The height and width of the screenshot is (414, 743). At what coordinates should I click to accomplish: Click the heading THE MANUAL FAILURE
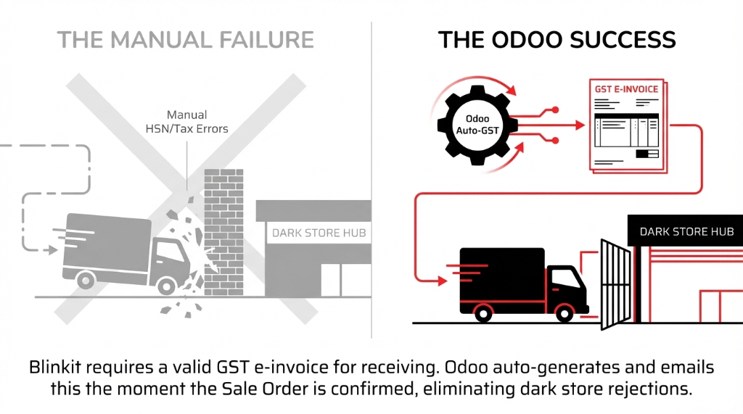[x=186, y=39]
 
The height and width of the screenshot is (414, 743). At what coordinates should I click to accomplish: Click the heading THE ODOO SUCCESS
[x=557, y=39]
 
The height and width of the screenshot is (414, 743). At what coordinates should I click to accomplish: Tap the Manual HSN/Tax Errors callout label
[x=187, y=122]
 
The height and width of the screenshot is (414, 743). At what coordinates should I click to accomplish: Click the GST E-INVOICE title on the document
[x=626, y=89]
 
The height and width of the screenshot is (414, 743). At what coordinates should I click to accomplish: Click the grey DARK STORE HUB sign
[x=319, y=233]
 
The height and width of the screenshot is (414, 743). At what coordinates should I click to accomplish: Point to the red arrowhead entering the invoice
[x=579, y=125]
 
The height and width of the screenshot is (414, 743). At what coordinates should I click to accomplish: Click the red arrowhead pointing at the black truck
[x=443, y=280]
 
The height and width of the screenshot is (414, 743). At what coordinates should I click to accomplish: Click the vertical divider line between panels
[x=371, y=181]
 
